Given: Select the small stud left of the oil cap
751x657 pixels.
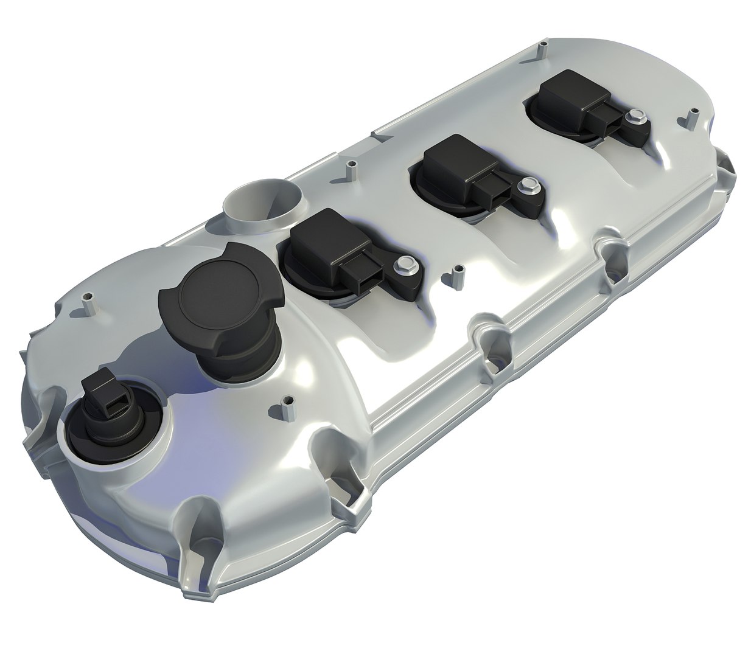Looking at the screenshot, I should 88,301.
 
